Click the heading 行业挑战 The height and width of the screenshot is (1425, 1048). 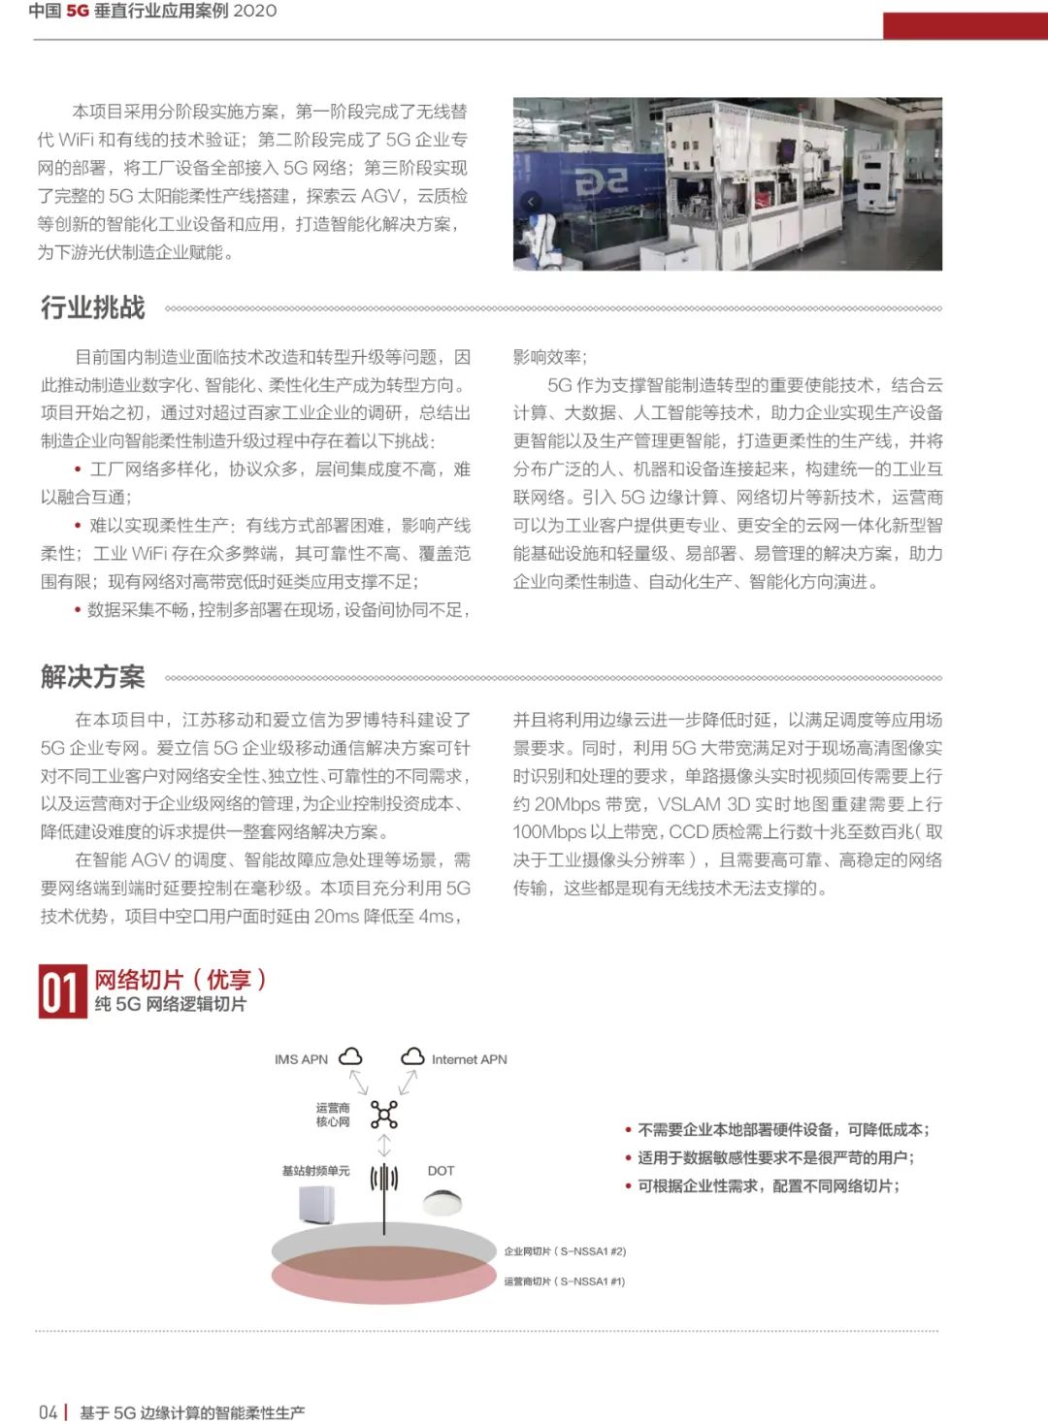(92, 308)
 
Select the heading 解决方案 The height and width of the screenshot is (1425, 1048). (92, 676)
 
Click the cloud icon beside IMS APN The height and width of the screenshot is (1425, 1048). (350, 1057)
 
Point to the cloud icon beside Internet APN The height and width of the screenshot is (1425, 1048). (413, 1057)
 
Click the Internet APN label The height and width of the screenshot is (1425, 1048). (469, 1059)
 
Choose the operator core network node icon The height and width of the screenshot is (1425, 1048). (384, 1115)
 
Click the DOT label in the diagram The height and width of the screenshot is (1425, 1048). (441, 1171)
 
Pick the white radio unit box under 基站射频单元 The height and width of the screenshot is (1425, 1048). (316, 1205)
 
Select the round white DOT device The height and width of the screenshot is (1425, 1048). (442, 1202)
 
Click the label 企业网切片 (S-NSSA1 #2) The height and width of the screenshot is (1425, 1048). (565, 1251)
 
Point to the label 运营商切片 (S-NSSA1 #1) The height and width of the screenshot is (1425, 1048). (565, 1281)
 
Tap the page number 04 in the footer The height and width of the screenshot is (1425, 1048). (48, 1412)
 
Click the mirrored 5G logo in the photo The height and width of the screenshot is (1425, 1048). (602, 180)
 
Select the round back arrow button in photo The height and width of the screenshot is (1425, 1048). (530, 202)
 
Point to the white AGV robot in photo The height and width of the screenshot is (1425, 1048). (878, 184)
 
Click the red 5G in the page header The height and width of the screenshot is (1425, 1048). (78, 11)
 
